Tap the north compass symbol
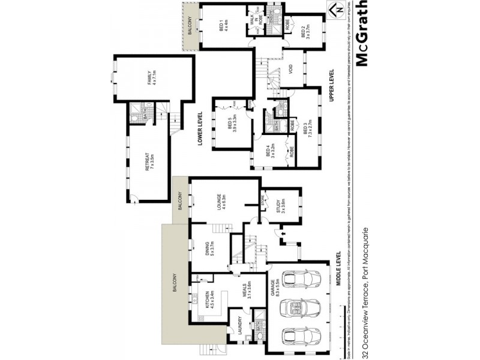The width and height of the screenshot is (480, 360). click(x=337, y=9)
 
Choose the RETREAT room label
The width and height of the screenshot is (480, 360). click(x=148, y=163)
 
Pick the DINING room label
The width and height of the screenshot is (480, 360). click(x=211, y=248)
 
